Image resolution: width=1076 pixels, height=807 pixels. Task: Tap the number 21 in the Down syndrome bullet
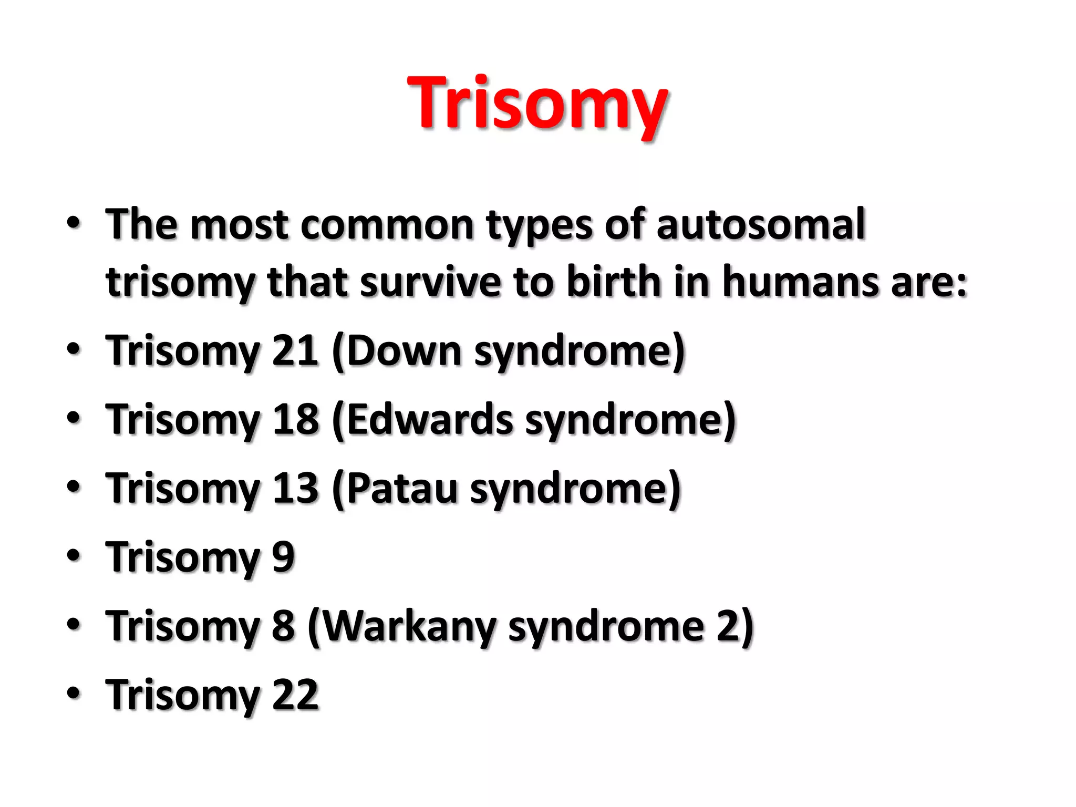click(x=295, y=351)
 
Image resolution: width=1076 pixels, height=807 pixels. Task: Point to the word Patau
click(x=402, y=489)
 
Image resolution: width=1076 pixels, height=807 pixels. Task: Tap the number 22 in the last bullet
click(x=295, y=695)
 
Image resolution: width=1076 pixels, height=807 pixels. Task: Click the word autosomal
click(x=760, y=225)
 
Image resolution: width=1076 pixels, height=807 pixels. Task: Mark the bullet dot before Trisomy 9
click(x=74, y=555)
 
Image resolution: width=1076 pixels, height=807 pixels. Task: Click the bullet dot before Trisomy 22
click(x=74, y=693)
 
